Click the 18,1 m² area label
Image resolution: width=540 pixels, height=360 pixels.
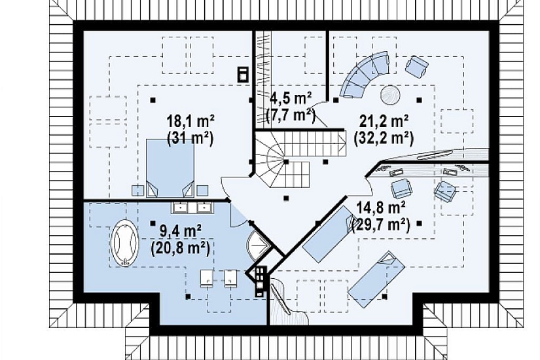[x=190, y=122]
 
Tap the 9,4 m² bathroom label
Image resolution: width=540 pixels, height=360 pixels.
[x=181, y=231]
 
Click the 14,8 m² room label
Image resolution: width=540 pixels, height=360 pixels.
[x=380, y=208]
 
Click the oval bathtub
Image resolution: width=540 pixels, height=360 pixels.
[x=124, y=243]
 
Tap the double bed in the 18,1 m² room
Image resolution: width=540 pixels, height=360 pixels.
[x=170, y=168]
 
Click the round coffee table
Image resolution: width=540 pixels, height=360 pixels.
[x=390, y=94]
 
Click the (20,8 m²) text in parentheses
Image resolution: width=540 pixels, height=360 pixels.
[x=180, y=248]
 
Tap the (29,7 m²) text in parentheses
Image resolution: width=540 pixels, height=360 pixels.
[x=380, y=225]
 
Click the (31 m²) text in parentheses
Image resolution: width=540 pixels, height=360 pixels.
[x=190, y=139]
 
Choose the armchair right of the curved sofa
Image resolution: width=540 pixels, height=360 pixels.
[x=417, y=66]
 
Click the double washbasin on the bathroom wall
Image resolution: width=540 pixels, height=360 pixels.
[x=192, y=207]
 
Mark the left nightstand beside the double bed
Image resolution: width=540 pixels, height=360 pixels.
[x=137, y=190]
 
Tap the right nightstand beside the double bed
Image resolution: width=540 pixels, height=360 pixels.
[x=202, y=190]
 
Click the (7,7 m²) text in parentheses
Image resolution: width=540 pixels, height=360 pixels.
[x=291, y=116]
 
